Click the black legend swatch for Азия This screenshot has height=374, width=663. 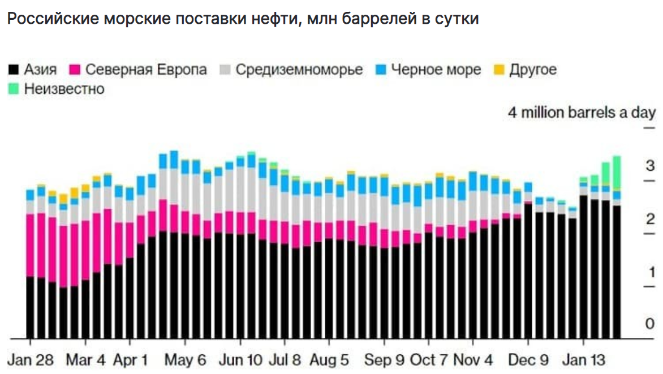click(13, 70)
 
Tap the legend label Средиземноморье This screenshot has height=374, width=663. click(299, 70)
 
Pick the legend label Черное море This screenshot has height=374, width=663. click(436, 70)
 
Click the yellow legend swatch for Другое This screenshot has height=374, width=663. click(499, 70)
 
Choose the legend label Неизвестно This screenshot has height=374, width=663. click(64, 89)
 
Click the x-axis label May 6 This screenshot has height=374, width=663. click(186, 360)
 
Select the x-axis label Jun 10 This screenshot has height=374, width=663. click(240, 360)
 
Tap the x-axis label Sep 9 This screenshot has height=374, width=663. click(384, 360)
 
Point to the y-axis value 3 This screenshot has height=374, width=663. click(651, 166)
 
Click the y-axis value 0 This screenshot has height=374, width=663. click(651, 324)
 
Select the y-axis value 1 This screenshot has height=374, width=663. click(651, 272)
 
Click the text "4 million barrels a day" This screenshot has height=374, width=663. click(582, 112)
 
